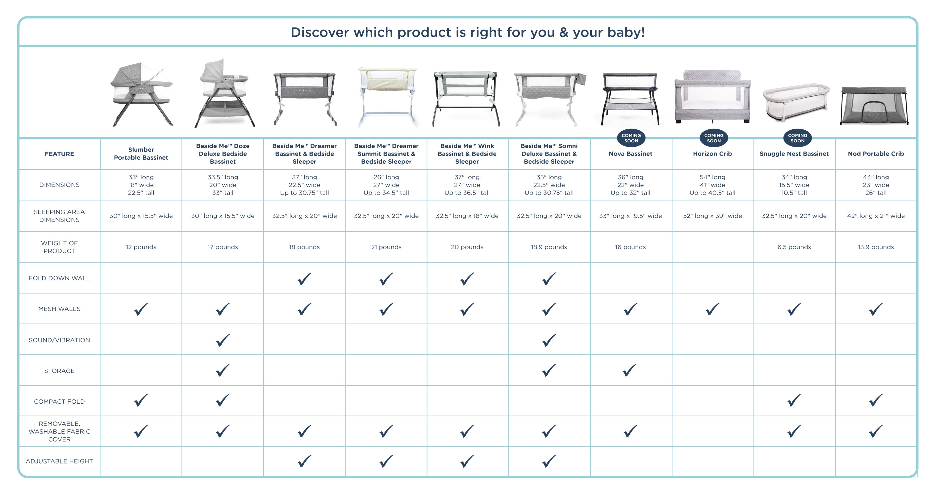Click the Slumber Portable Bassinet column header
(x=141, y=153)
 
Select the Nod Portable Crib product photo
(x=874, y=106)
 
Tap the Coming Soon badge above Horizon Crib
(x=714, y=138)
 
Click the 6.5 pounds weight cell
(x=794, y=247)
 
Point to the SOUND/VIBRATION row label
(x=59, y=340)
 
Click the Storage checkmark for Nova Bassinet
(x=630, y=370)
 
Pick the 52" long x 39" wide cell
(x=712, y=216)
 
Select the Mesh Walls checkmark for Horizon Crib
(x=712, y=309)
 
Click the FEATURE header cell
(x=59, y=153)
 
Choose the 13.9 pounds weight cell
(x=875, y=247)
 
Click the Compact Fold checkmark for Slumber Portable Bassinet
(x=141, y=400)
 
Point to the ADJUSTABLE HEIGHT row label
(x=59, y=461)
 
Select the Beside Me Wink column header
(x=467, y=153)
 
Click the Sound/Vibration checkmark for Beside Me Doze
(x=223, y=340)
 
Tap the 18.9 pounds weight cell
(x=549, y=247)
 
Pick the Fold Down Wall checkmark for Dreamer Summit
(x=386, y=279)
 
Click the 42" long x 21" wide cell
(x=875, y=216)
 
